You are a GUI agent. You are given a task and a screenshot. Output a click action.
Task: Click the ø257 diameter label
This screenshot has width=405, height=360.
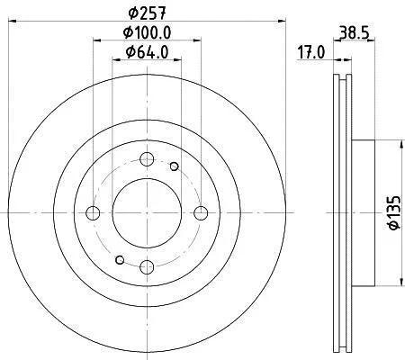pyautogui.click(x=147, y=13)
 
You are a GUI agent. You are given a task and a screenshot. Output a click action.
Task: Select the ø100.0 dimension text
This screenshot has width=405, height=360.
pyautogui.click(x=147, y=32)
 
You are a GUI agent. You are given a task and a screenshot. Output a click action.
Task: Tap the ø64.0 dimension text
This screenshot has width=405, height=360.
pyautogui.click(x=147, y=52)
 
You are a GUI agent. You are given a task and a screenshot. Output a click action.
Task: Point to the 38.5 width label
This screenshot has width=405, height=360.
pyautogui.click(x=354, y=32)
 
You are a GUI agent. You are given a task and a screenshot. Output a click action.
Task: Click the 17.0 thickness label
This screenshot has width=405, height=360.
pyautogui.click(x=311, y=52)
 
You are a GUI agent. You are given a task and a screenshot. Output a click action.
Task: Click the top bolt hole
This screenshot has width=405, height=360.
pyautogui.click(x=147, y=158)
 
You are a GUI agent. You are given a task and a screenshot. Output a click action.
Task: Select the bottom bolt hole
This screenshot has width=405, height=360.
pyautogui.click(x=147, y=266)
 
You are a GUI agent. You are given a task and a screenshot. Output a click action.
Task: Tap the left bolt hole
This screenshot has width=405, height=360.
pyautogui.click(x=93, y=213)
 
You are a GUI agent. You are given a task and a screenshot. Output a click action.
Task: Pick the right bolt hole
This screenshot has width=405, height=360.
pyautogui.click(x=201, y=213)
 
